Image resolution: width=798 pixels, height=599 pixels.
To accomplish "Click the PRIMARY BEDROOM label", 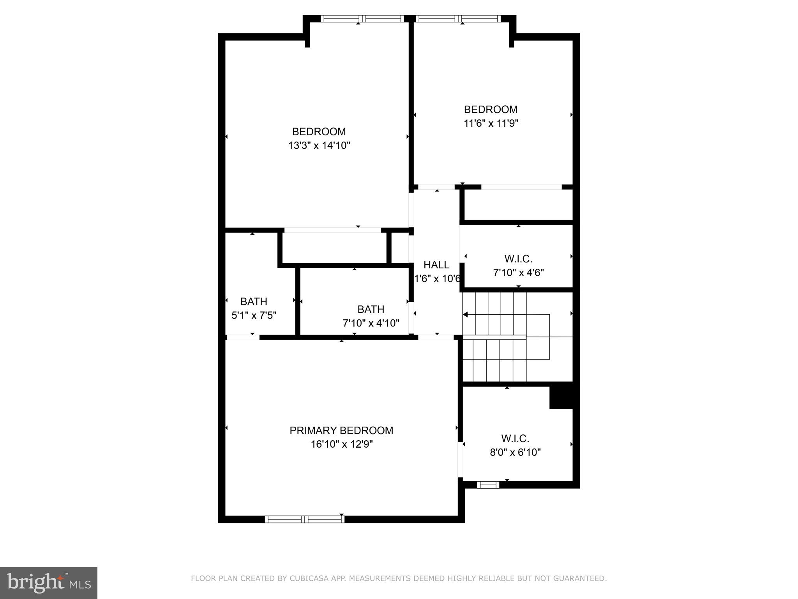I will tap(341, 431).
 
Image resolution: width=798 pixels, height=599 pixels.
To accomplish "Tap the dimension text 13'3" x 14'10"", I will tap(319, 146).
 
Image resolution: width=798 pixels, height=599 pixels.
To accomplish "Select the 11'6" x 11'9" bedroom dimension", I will tap(491, 124).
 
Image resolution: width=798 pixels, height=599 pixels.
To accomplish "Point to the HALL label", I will tap(436, 265).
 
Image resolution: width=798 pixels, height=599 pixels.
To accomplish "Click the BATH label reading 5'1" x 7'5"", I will tap(254, 301).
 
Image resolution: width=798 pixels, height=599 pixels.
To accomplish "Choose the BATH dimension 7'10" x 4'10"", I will tap(371, 323).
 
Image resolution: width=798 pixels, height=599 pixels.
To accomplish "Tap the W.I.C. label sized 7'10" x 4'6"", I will tap(518, 259).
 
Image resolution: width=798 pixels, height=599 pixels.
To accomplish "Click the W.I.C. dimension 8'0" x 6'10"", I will tap(515, 452).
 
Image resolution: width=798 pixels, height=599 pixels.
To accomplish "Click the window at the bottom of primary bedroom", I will tap(305, 519).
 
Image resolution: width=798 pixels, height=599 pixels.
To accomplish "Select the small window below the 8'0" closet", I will tap(488, 485).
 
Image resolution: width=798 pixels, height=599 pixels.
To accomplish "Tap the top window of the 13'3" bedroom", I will tap(362, 18).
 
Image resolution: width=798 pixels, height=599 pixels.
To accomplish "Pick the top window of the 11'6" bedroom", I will tap(457, 18).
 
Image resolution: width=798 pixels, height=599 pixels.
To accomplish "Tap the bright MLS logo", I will tap(49, 583).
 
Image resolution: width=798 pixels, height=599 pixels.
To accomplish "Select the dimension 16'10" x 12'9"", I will tap(342, 445).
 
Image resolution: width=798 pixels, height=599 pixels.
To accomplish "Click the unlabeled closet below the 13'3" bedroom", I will tap(334, 248).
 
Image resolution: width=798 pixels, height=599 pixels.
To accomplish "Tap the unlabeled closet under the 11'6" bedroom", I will tap(518, 205).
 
